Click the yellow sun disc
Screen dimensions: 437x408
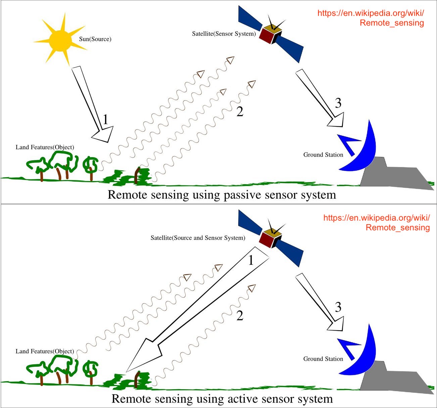tap(60, 41)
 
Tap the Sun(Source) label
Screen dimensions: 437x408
tap(95, 39)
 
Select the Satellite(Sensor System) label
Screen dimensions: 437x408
tap(224, 34)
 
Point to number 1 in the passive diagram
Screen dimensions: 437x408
tap(106, 120)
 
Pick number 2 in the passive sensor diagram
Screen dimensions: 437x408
tap(240, 111)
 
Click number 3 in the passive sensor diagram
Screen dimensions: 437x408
tap(338, 103)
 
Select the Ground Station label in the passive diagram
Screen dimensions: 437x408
tap(323, 155)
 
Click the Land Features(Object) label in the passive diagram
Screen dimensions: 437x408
tap(45, 147)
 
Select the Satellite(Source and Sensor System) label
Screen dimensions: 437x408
tap(198, 238)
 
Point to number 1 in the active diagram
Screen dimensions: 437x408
tap(251, 260)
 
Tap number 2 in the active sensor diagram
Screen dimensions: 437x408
tap(240, 315)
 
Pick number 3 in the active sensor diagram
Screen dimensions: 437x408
tap(338, 307)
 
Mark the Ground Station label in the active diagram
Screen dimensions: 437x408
tap(323, 359)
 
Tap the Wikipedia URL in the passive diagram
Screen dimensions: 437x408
tap(371, 18)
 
